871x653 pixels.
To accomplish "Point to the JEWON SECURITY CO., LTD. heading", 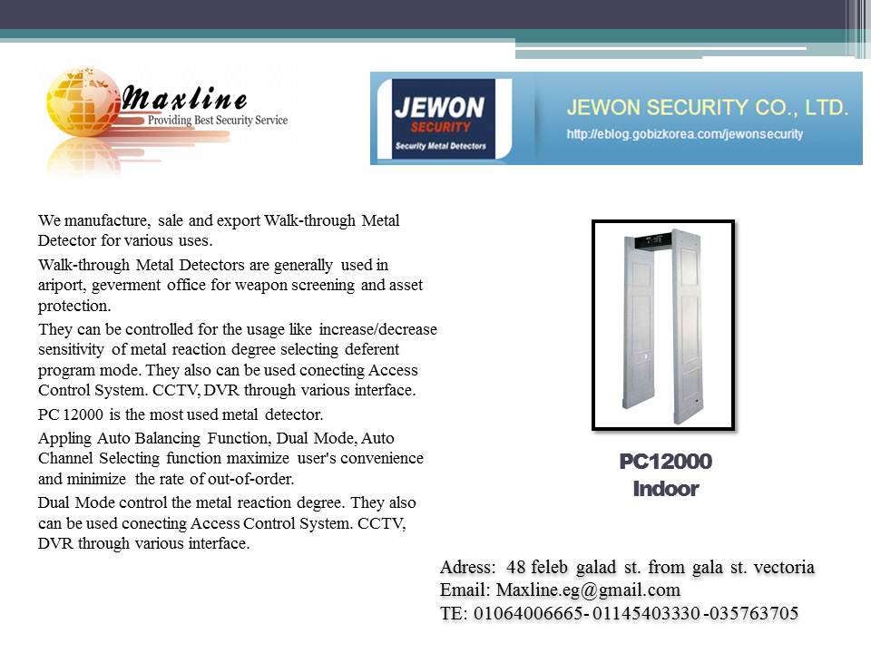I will [x=708, y=108].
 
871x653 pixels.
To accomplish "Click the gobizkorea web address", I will [x=685, y=134].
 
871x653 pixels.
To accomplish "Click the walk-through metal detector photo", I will [x=663, y=325].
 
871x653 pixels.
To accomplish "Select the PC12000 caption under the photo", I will [x=665, y=462].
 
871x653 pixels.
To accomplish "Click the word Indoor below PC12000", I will [x=665, y=489].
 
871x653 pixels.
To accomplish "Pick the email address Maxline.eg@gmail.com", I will [x=588, y=590].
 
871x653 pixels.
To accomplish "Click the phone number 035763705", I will [x=756, y=614].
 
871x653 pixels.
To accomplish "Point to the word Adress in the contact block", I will [x=468, y=568].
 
